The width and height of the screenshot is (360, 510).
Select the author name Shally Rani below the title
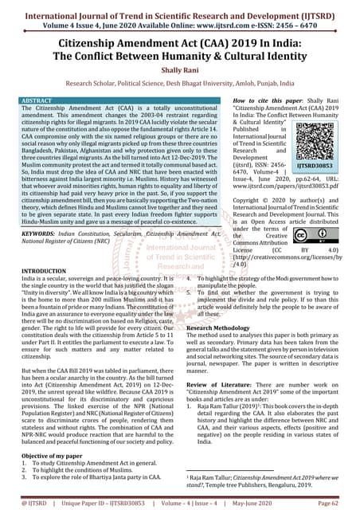(180, 69)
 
